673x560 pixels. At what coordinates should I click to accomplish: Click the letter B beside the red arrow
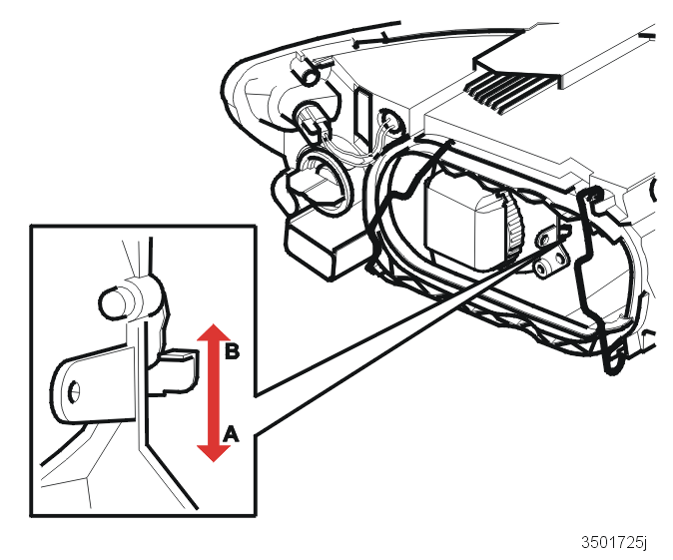click(233, 351)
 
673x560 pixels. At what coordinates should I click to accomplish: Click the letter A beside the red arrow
click(231, 434)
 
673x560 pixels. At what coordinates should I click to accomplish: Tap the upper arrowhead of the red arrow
click(214, 333)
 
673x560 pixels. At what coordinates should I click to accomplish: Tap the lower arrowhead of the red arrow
click(214, 453)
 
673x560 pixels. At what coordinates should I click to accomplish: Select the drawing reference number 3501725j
click(614, 542)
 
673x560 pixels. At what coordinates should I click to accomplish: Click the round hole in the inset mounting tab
click(75, 391)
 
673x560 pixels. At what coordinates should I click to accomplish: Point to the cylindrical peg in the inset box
click(115, 302)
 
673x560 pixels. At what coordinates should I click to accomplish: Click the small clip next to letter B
click(175, 370)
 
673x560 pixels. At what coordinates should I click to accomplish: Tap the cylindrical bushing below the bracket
click(541, 270)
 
